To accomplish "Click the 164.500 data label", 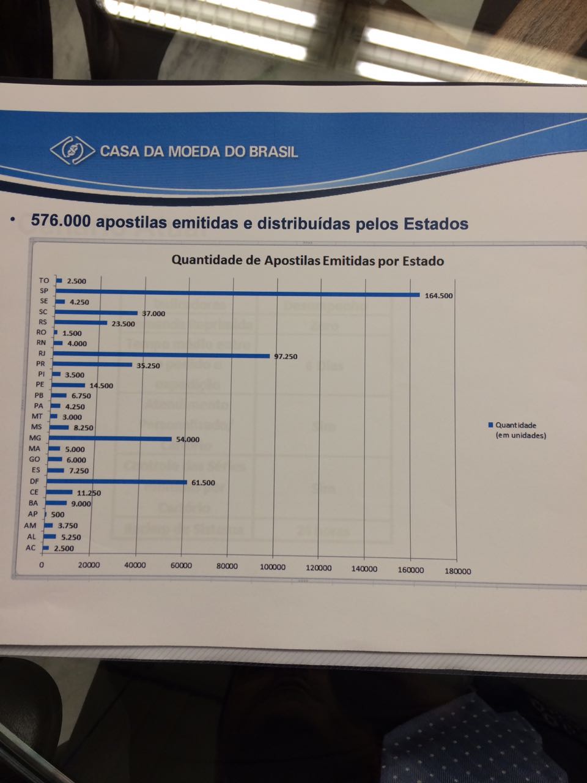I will [438, 295].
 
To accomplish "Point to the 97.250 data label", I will [286, 356].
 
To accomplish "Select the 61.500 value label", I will [203, 483].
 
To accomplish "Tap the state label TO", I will [44, 280].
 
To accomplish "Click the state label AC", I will [31, 547].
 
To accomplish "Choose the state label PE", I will [40, 385].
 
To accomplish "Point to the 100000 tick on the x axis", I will [272, 567].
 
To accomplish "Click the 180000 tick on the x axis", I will [458, 571].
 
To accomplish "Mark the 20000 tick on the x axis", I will [89, 565].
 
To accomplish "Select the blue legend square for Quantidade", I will [490, 425].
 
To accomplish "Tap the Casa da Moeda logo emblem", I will [72, 150].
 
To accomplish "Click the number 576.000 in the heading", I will [60, 220].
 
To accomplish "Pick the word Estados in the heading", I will [436, 224].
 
